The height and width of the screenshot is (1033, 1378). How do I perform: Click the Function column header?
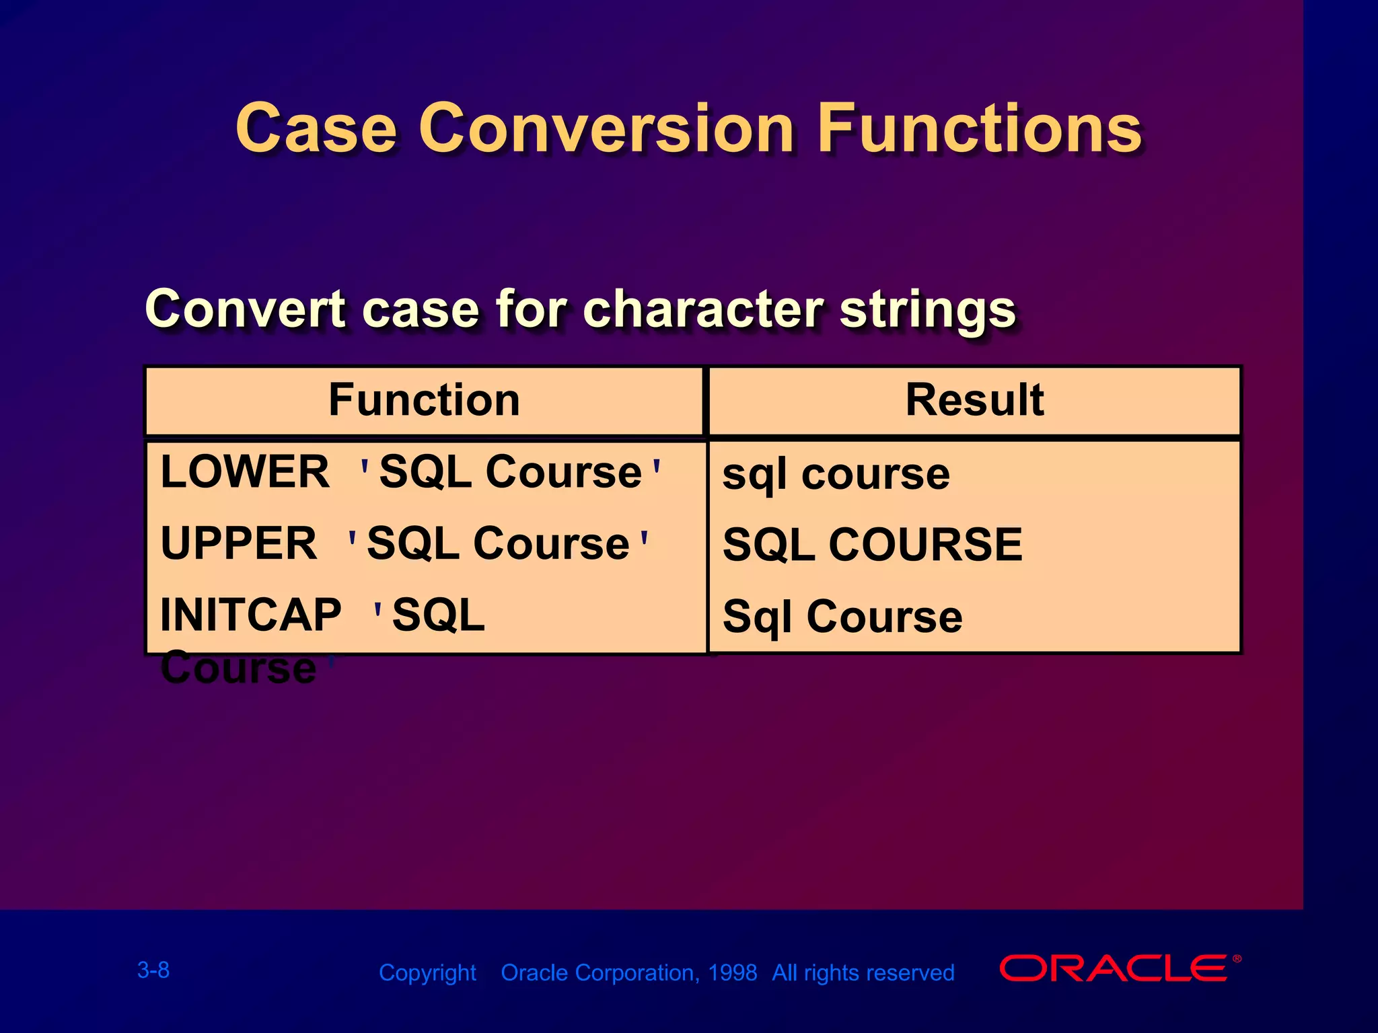(424, 400)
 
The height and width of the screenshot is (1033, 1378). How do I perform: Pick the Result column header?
(974, 400)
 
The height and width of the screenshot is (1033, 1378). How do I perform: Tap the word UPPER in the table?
(239, 543)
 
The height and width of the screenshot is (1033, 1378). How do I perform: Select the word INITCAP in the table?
(251, 615)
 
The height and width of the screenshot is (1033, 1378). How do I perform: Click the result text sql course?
(836, 474)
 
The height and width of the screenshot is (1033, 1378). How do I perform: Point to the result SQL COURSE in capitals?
(872, 545)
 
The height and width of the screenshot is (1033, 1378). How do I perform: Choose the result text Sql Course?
(842, 617)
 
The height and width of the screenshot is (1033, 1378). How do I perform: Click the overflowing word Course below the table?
(238, 668)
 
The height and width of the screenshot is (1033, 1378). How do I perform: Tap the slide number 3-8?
(153, 970)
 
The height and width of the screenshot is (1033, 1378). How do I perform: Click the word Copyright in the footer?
(427, 973)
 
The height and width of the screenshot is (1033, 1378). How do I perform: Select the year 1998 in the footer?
(732, 973)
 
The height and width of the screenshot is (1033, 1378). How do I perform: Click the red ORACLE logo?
(1114, 968)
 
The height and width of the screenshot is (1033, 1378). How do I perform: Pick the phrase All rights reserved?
(863, 973)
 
